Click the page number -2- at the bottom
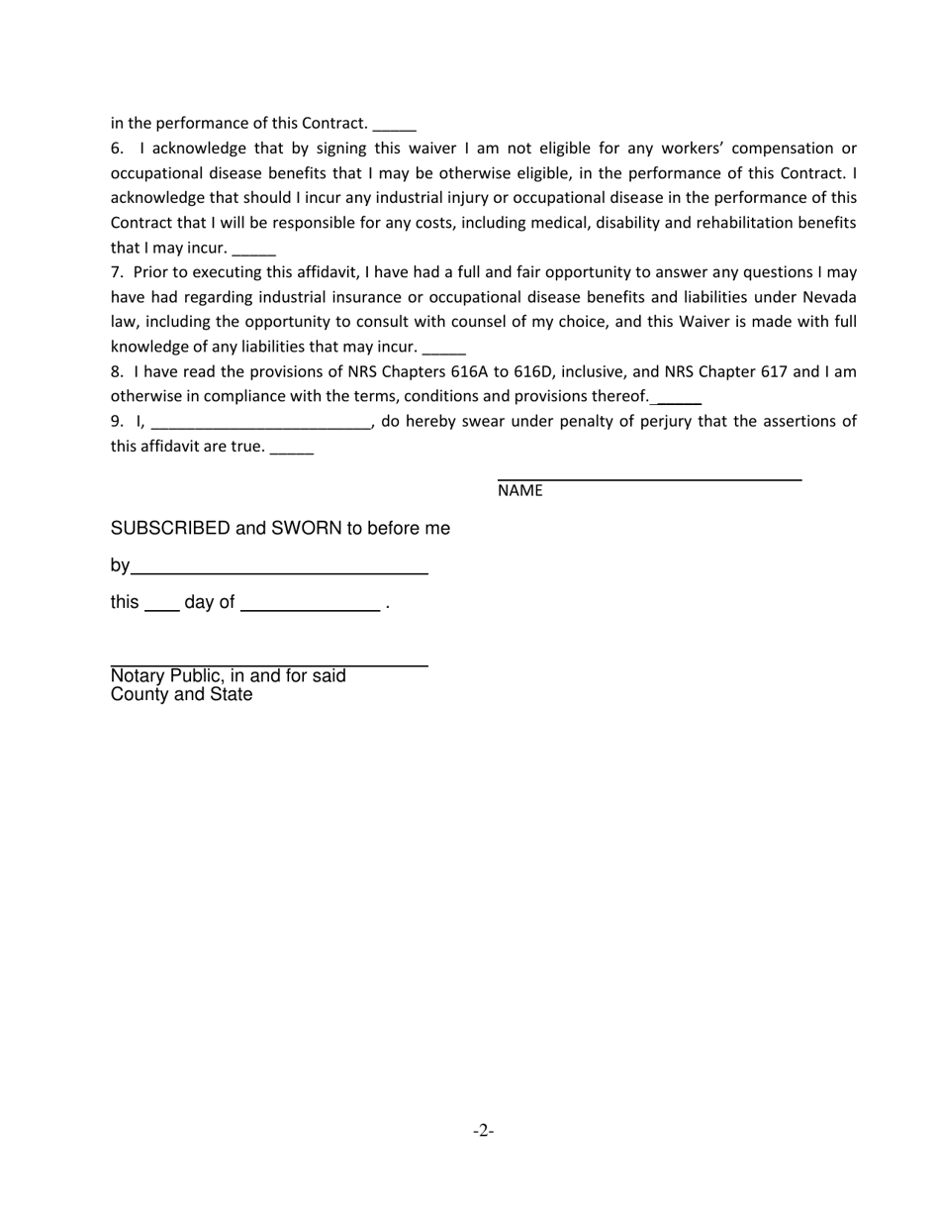pos(483,1131)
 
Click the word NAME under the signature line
pos(519,491)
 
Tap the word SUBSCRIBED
pos(170,529)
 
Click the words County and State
pos(181,695)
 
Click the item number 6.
pos(117,149)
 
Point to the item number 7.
pos(117,272)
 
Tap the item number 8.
pos(117,372)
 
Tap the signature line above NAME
pos(649,479)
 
